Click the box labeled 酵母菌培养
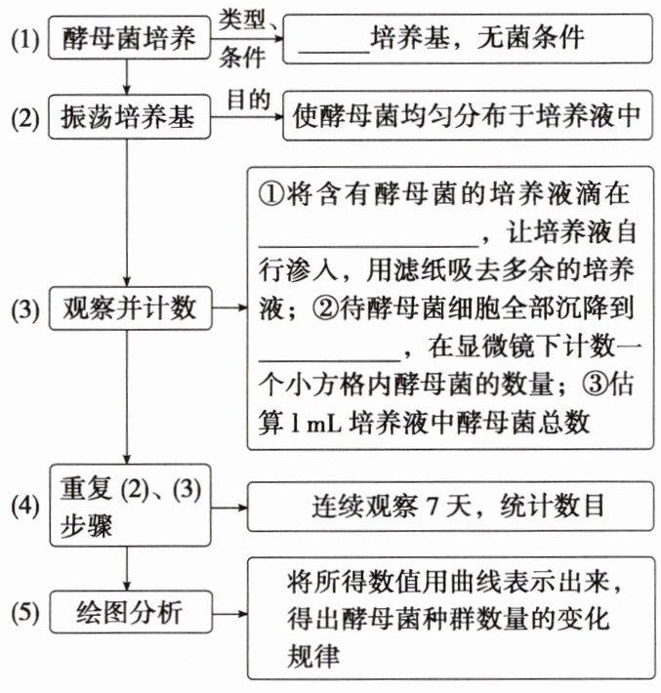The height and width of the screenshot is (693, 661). [x=128, y=39]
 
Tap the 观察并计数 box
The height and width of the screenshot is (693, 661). [x=128, y=308]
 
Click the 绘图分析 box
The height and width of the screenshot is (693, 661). [x=128, y=614]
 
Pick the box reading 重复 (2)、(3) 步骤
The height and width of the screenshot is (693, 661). [x=128, y=505]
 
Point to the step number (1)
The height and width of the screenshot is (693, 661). [x=23, y=40]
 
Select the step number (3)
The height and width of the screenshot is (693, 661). [x=23, y=309]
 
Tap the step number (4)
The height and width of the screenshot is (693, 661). [x=23, y=508]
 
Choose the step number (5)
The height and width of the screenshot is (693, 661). [x=23, y=615]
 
